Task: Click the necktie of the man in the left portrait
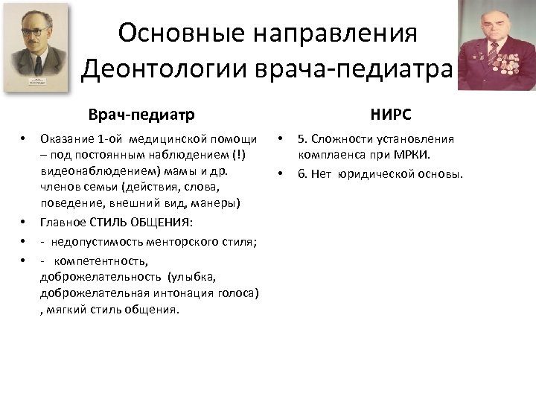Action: [36, 66]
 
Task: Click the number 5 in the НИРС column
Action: [301, 138]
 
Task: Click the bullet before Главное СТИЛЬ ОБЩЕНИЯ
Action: [23, 221]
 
